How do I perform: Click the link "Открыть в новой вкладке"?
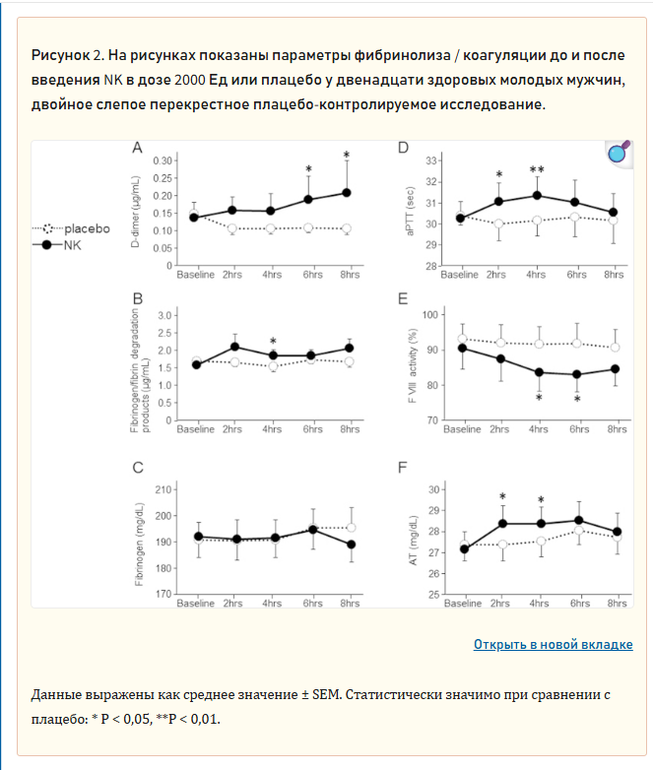[553, 644]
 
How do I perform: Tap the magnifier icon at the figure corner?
[619, 153]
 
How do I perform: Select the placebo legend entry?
[71, 228]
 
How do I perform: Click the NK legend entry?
[56, 245]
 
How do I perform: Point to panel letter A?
[137, 148]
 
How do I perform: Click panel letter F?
[402, 467]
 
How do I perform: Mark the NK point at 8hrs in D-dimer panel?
[347, 193]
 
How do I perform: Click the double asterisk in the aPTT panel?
[537, 170]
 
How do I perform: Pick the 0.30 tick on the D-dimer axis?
[163, 160]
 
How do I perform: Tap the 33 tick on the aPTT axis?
[431, 160]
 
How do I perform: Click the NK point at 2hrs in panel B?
[234, 347]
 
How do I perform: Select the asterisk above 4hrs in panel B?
[273, 342]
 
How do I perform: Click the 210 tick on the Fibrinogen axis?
[163, 489]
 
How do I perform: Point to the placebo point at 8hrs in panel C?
[352, 528]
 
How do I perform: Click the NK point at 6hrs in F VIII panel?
[577, 374]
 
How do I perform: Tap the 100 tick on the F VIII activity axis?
[430, 315]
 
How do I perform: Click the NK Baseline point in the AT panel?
[464, 549]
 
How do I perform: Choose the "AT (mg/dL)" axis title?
[414, 541]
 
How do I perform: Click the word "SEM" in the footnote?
[327, 694]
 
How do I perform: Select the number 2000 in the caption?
[190, 80]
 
